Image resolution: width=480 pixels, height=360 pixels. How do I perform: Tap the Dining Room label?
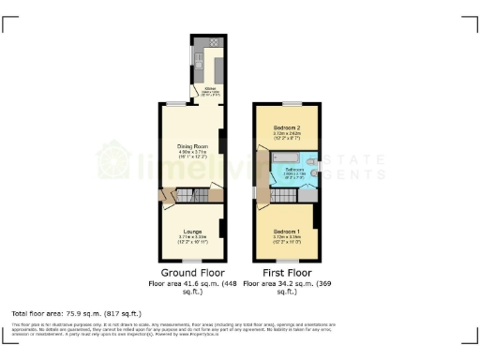192,145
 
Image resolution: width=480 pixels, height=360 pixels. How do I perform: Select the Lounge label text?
192,231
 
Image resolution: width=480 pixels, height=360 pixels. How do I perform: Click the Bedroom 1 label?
287,231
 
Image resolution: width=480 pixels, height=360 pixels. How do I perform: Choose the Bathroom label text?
295,171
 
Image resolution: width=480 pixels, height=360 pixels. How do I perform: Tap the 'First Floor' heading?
286,273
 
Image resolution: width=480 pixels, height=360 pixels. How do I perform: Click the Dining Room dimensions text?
192,156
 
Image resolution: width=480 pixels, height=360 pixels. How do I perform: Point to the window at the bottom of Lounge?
193,260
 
